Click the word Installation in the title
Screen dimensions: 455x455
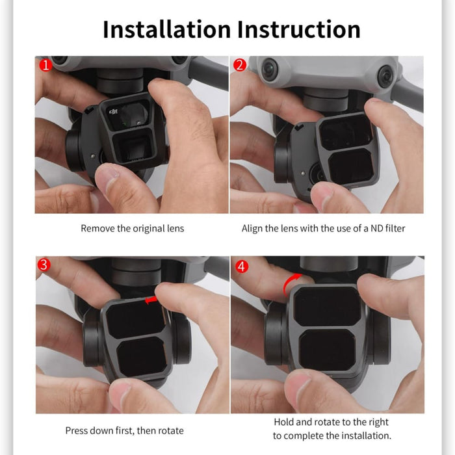[166, 29]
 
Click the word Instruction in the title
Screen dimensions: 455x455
[298, 29]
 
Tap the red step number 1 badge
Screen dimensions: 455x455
[45, 66]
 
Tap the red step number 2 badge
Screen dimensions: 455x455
[240, 66]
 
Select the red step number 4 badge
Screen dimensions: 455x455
[240, 266]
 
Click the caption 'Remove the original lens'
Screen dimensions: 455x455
[132, 228]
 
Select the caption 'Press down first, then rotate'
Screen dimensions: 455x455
[124, 430]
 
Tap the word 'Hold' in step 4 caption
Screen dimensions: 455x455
[285, 422]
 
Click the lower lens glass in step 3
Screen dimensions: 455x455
[141, 355]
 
